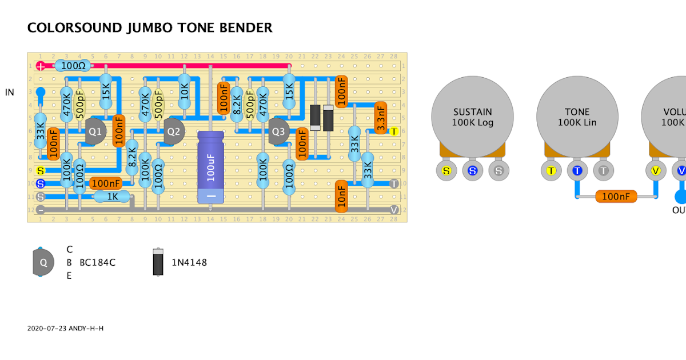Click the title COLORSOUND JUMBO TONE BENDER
pyautogui.click(x=150, y=27)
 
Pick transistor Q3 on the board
pyautogui.click(x=278, y=131)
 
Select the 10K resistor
pyautogui.click(x=184, y=91)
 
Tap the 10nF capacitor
pyautogui.click(x=341, y=196)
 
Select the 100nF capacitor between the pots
pyautogui.click(x=616, y=197)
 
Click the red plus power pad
pyautogui.click(x=41, y=66)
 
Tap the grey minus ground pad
pyautogui.click(x=41, y=210)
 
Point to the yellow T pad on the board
pyautogui.click(x=393, y=131)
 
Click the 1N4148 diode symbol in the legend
pyautogui.click(x=158, y=262)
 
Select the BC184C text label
pyautogui.click(x=97, y=262)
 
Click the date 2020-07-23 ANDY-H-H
pyautogui.click(x=65, y=329)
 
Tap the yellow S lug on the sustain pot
pyautogui.click(x=446, y=170)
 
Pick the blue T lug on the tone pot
pyautogui.click(x=577, y=170)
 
